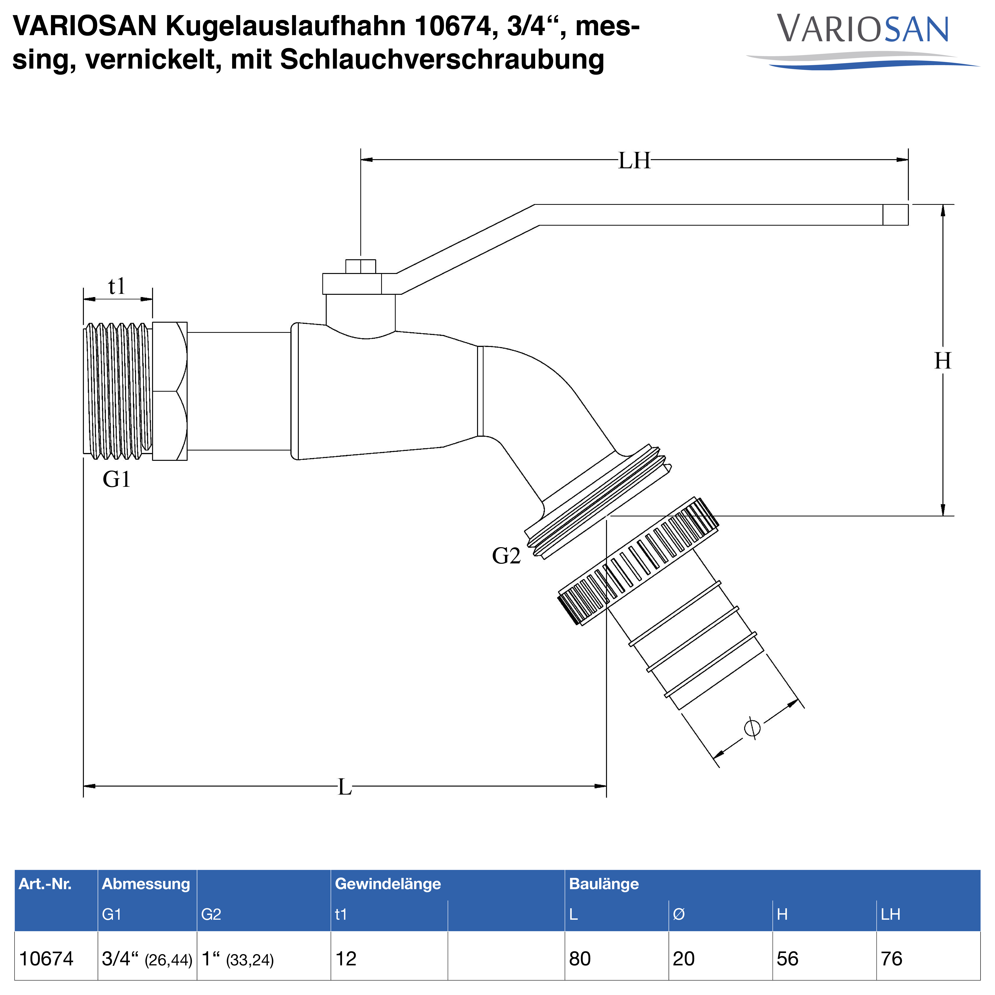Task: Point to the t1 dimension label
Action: tap(117, 286)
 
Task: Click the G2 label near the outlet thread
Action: tap(506, 556)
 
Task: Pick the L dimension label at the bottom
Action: tap(344, 787)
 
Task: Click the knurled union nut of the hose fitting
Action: tap(639, 561)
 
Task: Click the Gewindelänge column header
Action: tap(388, 884)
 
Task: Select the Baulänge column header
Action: tap(604, 884)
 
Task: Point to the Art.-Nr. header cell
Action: tap(45, 884)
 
